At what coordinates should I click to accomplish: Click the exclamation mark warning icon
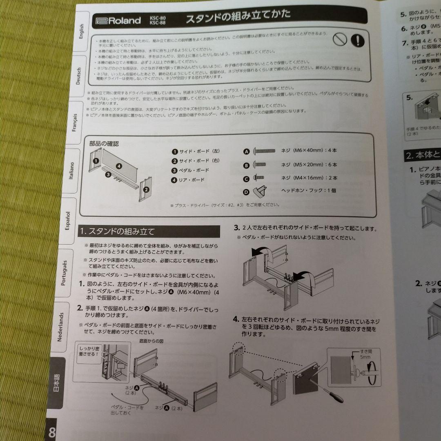click(358, 40)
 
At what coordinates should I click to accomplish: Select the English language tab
click(80, 32)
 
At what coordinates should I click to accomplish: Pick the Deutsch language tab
click(78, 76)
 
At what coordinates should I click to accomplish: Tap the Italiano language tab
click(71, 171)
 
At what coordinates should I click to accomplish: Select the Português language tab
click(63, 272)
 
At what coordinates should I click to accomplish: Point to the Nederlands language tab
click(60, 327)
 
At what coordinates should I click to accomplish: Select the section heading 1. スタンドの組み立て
click(117, 232)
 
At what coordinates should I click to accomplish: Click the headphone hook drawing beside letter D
click(260, 191)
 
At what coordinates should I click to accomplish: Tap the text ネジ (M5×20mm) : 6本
click(309, 165)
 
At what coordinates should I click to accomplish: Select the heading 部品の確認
click(104, 143)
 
